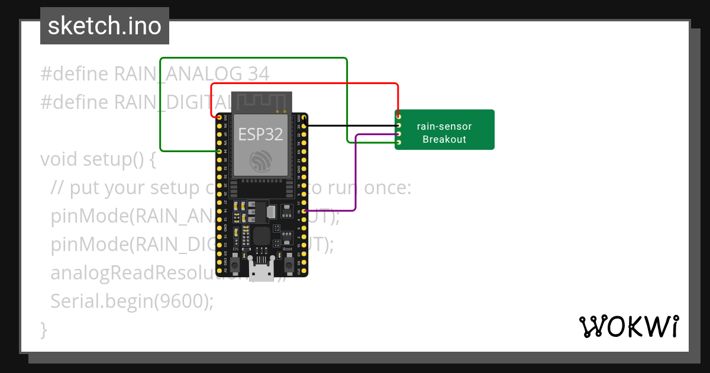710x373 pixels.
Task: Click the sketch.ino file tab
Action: pos(105,26)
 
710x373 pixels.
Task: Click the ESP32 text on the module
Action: pos(260,134)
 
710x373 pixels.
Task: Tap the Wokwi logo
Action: pos(628,326)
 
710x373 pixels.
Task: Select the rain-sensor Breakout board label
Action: pos(444,133)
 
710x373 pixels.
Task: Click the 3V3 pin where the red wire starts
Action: pos(220,118)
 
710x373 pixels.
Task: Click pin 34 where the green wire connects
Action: pos(220,152)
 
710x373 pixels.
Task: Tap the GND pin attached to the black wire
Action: pos(304,118)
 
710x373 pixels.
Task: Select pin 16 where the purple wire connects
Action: pos(304,211)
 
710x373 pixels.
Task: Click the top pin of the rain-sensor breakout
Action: pos(399,117)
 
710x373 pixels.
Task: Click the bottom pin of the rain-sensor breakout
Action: pos(399,143)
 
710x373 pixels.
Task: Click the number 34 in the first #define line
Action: pos(259,74)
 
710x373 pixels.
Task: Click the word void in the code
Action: pos(59,159)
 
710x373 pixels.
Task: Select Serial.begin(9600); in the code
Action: pos(131,301)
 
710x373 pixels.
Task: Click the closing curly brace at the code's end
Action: pos(44,329)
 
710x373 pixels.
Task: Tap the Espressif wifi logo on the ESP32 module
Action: pos(261,161)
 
